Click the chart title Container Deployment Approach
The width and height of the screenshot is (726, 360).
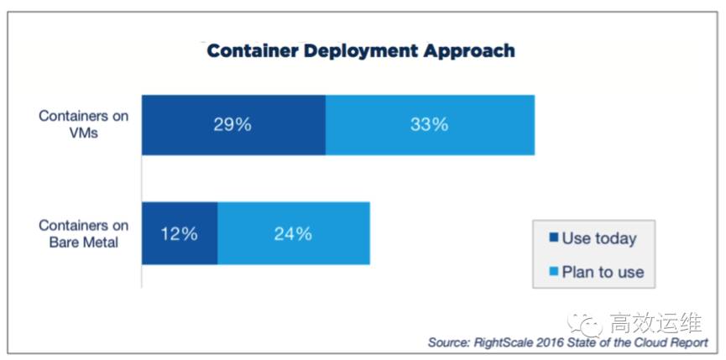[361, 50]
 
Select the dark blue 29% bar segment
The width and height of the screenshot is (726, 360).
[233, 125]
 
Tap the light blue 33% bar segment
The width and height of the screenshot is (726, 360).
[430, 125]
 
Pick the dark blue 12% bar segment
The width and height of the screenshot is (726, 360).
[180, 233]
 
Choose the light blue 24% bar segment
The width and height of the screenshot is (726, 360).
[293, 233]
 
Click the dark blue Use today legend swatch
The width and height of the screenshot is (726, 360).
[551, 238]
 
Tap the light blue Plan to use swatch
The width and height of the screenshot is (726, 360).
[551, 272]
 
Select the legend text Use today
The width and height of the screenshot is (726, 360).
[599, 238]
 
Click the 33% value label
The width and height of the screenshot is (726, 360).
[430, 125]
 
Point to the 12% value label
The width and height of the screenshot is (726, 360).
[180, 233]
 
